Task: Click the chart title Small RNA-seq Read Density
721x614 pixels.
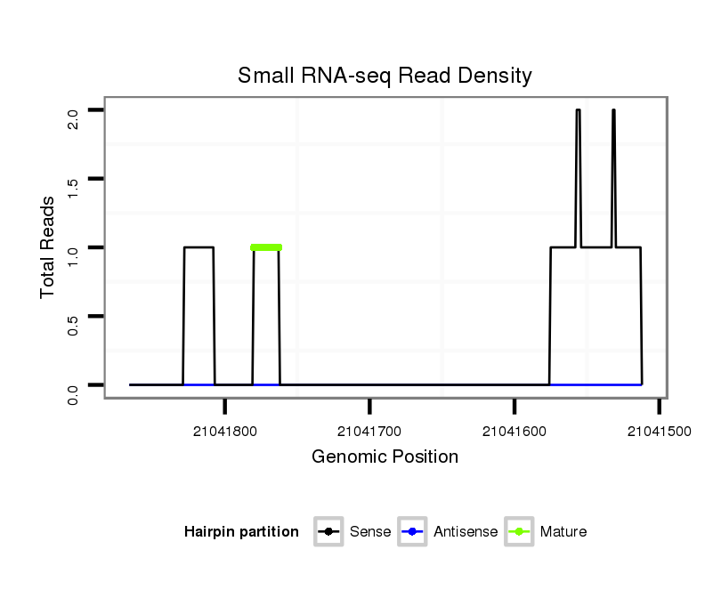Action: point(385,76)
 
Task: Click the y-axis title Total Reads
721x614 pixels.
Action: point(48,246)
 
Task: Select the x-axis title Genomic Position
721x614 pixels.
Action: point(385,457)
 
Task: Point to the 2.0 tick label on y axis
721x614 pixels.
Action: point(73,118)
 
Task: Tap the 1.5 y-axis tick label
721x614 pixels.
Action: point(73,188)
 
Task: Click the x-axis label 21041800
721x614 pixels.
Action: point(224,432)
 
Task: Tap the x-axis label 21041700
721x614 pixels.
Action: point(369,432)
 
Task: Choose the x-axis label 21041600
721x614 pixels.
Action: point(514,432)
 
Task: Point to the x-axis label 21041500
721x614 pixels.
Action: point(659,432)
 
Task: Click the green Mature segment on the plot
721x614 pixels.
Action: point(266,247)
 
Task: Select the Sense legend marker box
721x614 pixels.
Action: point(328,532)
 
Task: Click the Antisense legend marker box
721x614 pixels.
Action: point(413,532)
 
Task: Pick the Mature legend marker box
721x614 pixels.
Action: point(519,532)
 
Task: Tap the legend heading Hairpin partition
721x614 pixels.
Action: point(241,532)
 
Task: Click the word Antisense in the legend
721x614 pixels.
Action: point(466,532)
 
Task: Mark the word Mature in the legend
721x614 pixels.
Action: point(563,532)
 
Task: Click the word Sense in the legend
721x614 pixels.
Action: point(370,532)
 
